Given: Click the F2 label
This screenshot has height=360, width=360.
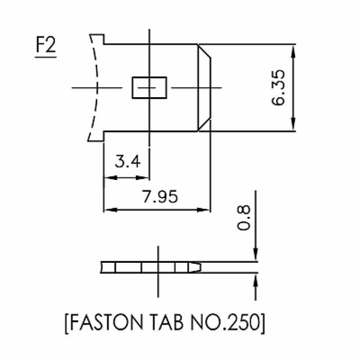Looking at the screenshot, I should (x=45, y=48).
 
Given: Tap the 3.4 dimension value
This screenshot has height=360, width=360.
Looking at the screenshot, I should (x=127, y=162).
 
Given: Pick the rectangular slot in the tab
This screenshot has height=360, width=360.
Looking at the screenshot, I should (x=150, y=87).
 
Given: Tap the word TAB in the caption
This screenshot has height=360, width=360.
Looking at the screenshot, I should (x=171, y=323).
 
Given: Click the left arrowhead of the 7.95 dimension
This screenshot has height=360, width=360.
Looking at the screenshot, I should (x=109, y=210).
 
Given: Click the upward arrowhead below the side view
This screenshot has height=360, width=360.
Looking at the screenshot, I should (x=256, y=279).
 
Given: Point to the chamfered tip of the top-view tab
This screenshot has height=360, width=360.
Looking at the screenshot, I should (x=205, y=87).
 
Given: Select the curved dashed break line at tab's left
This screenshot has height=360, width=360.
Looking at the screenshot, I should (x=94, y=87).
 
